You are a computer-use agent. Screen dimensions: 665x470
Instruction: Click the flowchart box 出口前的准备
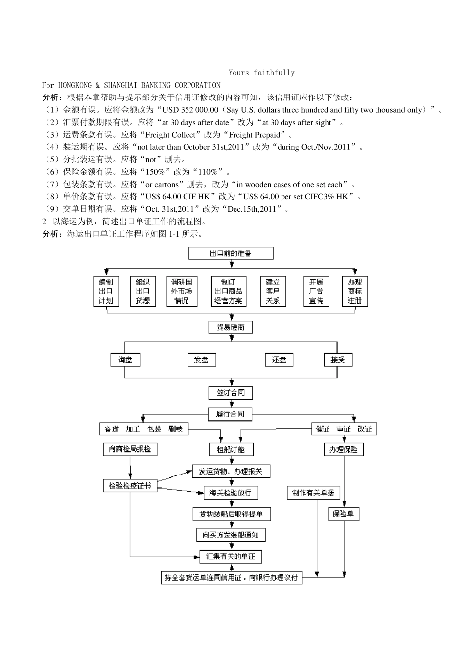(x=231, y=253)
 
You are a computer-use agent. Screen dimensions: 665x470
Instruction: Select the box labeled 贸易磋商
(x=231, y=327)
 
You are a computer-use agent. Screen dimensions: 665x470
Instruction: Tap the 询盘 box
(x=125, y=360)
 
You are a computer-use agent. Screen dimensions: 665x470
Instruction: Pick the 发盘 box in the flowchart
(x=202, y=360)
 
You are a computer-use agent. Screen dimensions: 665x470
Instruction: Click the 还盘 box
(x=279, y=360)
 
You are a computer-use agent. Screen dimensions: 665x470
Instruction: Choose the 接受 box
(x=338, y=360)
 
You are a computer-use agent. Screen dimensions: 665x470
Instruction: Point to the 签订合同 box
(x=231, y=393)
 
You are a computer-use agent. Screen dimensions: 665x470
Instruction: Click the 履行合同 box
(x=231, y=414)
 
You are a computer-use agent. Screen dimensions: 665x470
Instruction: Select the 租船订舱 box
(x=231, y=449)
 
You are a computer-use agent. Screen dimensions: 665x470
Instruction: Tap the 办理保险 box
(x=343, y=449)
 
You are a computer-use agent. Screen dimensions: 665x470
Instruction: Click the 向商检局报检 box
(x=130, y=449)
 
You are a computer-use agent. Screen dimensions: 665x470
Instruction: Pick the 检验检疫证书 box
(x=130, y=486)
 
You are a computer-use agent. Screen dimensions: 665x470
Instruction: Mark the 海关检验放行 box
(x=231, y=493)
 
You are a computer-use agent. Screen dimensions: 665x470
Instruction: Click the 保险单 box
(x=343, y=514)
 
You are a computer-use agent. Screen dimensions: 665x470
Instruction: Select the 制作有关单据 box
(x=313, y=493)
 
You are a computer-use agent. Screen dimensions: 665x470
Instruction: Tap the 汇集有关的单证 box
(x=231, y=556)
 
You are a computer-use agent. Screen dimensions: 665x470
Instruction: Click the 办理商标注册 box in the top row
(x=355, y=291)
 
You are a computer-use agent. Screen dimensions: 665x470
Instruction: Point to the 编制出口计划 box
(x=106, y=291)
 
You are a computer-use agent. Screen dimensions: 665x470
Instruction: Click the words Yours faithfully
(x=262, y=73)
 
